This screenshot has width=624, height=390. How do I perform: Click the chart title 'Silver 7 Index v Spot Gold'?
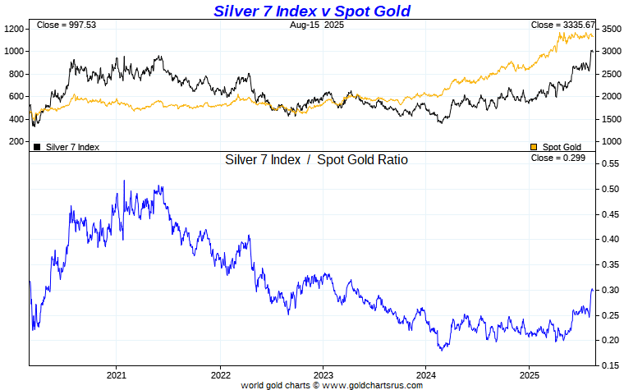click(x=311, y=11)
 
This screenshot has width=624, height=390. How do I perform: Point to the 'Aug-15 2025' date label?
click(x=317, y=25)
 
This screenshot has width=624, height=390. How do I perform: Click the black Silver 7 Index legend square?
click(x=37, y=147)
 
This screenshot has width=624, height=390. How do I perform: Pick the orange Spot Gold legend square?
click(x=534, y=147)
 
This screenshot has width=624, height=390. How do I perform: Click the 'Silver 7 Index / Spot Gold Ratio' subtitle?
click(x=316, y=160)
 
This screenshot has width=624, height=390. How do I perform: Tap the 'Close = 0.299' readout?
click(x=557, y=158)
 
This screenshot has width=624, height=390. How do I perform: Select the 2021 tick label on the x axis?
click(x=116, y=374)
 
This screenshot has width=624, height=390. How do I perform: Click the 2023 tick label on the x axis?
click(x=323, y=374)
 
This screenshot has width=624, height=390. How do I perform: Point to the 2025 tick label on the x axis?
click(x=529, y=374)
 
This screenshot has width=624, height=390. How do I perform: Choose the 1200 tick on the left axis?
click(x=14, y=29)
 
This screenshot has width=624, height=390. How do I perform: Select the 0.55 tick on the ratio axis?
click(x=610, y=164)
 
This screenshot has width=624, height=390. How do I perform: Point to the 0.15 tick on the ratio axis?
click(x=610, y=365)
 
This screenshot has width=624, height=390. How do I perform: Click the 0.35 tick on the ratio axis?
click(x=610, y=265)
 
